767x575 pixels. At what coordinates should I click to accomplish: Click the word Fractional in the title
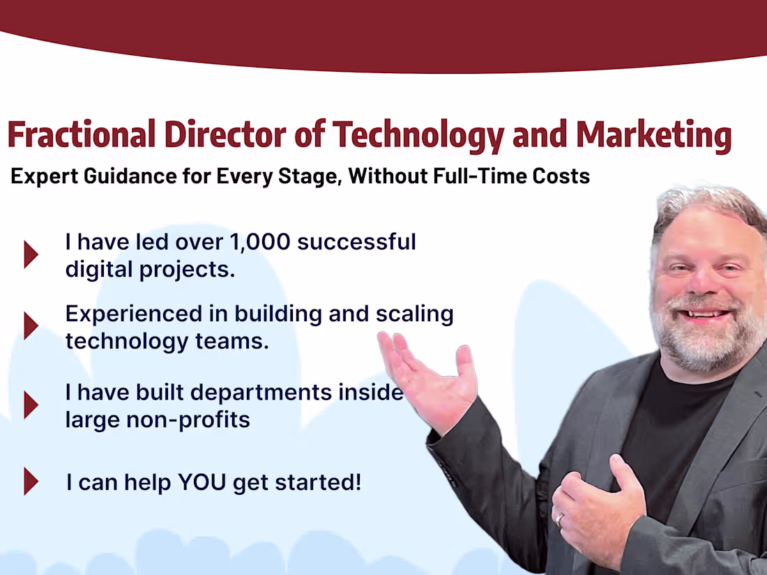click(81, 135)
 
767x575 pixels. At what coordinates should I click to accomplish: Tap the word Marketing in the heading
click(653, 135)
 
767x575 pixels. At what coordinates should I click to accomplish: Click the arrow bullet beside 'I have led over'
click(30, 254)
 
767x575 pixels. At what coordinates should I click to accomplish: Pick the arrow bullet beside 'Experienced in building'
click(30, 325)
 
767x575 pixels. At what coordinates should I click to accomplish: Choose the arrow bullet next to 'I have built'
click(30, 405)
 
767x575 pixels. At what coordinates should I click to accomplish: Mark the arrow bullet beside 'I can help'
click(30, 482)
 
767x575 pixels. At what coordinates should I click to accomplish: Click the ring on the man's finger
click(560, 519)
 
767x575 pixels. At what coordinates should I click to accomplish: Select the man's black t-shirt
click(669, 432)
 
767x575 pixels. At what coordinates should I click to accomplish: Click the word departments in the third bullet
click(264, 392)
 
